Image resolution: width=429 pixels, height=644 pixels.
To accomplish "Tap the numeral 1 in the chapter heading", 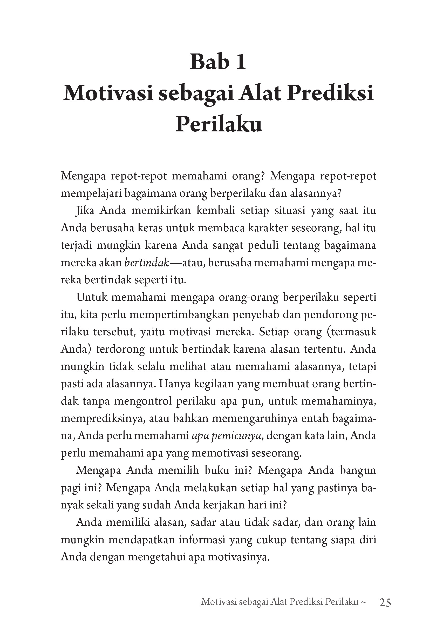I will click(x=241, y=62).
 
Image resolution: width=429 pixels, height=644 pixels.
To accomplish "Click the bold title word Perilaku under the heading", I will click(x=219, y=124).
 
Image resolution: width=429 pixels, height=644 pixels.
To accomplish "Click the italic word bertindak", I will click(x=147, y=263).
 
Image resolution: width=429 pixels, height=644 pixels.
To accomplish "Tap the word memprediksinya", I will click(x=103, y=419).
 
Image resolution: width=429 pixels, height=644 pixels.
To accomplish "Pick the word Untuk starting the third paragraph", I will click(x=92, y=297).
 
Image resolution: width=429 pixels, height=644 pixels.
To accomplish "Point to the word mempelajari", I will click(x=90, y=193).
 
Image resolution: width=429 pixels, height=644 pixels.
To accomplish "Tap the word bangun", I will click(x=358, y=471).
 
